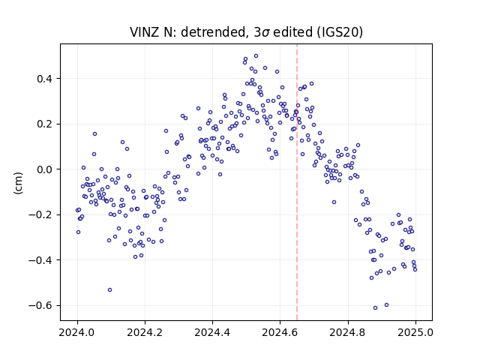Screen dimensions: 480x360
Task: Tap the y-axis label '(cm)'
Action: click(18, 183)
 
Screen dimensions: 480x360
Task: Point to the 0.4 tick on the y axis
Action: click(44, 79)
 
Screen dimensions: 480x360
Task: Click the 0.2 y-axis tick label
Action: click(44, 124)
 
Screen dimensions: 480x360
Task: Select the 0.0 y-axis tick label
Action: click(44, 169)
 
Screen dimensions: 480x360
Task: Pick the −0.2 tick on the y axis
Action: click(40, 215)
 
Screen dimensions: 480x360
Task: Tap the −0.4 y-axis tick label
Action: click(40, 260)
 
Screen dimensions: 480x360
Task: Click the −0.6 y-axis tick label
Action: click(40, 305)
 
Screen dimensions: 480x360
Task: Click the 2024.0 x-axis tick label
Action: click(77, 332)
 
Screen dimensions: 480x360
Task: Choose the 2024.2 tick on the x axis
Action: click(145, 332)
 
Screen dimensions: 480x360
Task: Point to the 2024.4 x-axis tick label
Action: click(212, 332)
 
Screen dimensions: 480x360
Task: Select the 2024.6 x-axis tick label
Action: click(280, 332)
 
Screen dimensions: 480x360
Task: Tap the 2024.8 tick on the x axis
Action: click(348, 332)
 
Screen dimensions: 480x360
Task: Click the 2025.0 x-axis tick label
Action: click(415, 332)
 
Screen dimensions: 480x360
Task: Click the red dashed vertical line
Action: click(297, 182)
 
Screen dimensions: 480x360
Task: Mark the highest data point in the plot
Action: click(256, 56)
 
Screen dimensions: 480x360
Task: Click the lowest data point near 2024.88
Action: click(375, 308)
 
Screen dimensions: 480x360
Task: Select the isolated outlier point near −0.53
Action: click(110, 290)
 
